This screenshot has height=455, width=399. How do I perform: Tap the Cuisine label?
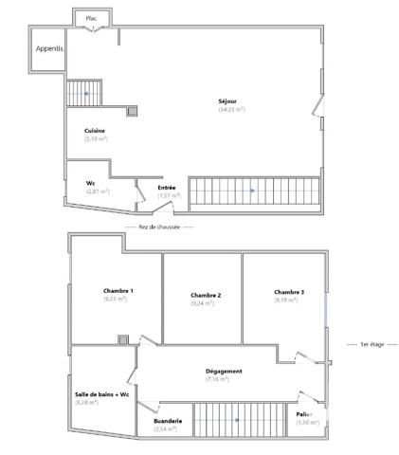pyautogui.click(x=95, y=131)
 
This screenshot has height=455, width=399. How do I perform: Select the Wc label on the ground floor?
pyautogui.click(x=91, y=184)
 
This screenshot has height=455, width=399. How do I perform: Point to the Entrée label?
pyautogui.click(x=167, y=188)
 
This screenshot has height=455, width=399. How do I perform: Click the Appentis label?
pyautogui.click(x=48, y=48)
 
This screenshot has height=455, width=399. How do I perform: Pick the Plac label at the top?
pyautogui.click(x=91, y=18)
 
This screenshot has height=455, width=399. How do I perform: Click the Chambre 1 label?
pyautogui.click(x=118, y=290)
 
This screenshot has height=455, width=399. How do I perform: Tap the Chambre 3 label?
pyautogui.click(x=289, y=292)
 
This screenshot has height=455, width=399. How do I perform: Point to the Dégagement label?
pyautogui.click(x=225, y=371)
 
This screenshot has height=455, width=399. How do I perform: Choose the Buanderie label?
pyautogui.click(x=168, y=421)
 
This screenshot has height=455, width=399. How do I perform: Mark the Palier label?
pyautogui.click(x=303, y=414)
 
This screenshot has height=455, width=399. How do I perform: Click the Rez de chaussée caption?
pyautogui.click(x=159, y=227)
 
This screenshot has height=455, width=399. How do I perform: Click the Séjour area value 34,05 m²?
pyautogui.click(x=231, y=110)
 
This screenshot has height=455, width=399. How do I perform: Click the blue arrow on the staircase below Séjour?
pyautogui.click(x=251, y=191)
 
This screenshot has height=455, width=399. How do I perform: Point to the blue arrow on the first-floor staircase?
pyautogui.click(x=237, y=420)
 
